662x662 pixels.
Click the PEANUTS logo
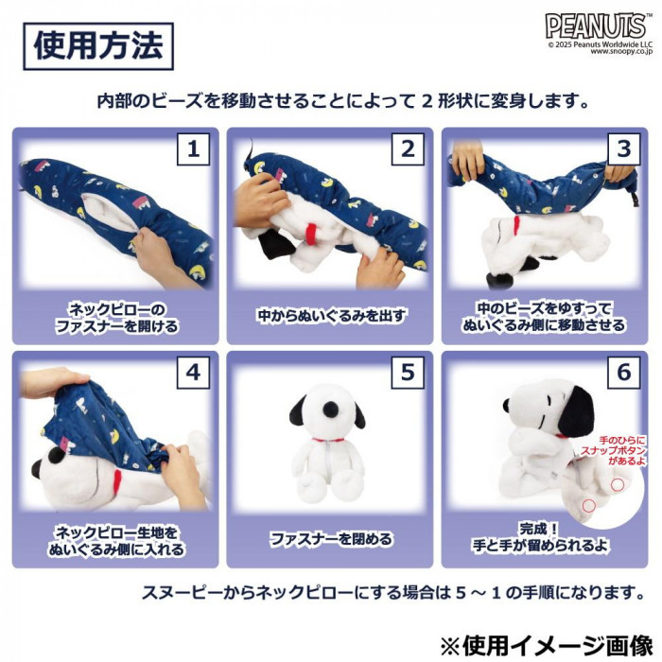coord(595,26)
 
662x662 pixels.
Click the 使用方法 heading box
coord(98,46)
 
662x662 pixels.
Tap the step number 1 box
coord(193,149)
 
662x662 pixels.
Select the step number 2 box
coord(408,149)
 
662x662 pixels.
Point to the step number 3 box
coord(623,149)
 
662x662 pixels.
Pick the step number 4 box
coord(193,373)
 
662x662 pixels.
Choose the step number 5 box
coord(408,373)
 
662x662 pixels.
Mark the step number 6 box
coord(623,373)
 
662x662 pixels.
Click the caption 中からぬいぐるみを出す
coord(331,316)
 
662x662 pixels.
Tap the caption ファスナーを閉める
coord(331,539)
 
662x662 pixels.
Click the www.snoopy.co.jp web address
coord(621,51)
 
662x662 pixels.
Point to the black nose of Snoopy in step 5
coord(331,409)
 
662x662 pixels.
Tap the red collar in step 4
coord(118,481)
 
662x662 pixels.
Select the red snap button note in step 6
coord(614,450)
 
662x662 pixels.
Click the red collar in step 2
coord(312,231)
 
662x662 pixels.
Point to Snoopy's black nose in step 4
coord(37,469)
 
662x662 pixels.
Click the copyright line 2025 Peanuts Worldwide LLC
coord(600,44)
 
